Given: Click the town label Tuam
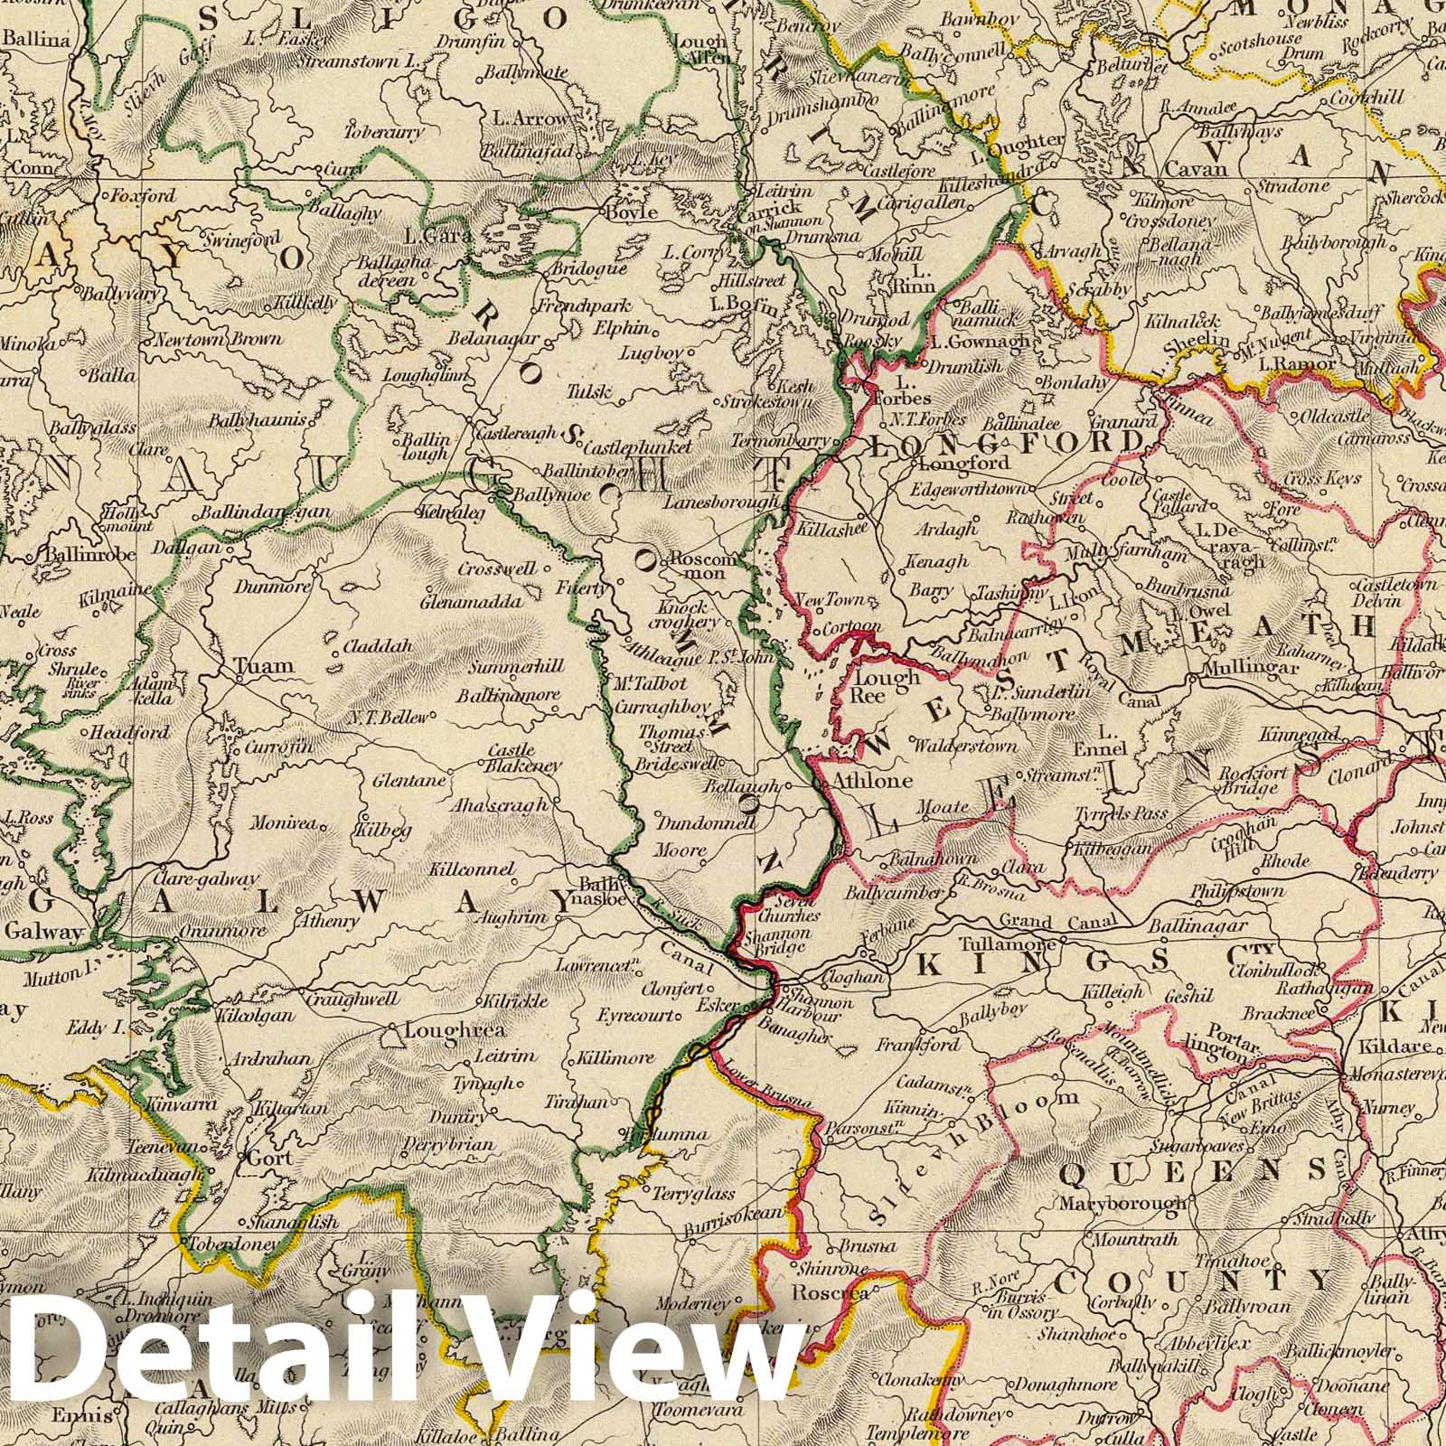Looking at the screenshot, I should tap(264, 666).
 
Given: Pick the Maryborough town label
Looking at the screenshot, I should tap(1122, 1203).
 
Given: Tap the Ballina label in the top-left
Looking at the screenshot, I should tap(36, 40).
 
